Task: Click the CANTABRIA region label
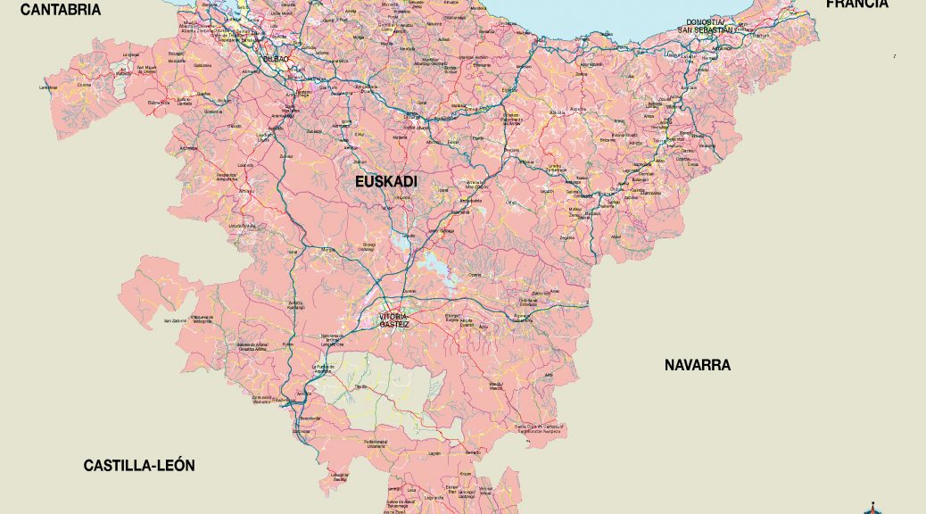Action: [61, 10]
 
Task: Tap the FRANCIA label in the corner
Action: [856, 4]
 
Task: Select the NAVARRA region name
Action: [697, 365]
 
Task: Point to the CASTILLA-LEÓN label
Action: [139, 466]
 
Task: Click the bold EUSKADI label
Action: [386, 182]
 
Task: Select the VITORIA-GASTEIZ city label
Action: [393, 319]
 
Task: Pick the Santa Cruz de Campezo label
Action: [540, 428]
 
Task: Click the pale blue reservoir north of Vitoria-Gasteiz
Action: [436, 264]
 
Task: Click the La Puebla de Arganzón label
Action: [322, 368]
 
